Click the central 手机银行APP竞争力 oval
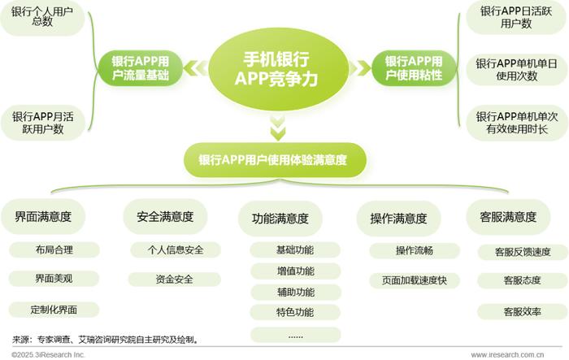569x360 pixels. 277,69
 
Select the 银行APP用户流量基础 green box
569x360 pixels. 140,68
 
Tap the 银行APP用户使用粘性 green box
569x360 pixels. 414,68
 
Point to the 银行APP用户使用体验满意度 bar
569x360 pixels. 275,160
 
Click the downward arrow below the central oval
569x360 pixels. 278,128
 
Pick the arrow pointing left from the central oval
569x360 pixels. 196,68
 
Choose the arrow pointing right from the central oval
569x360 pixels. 359,68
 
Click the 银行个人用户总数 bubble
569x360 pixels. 42,17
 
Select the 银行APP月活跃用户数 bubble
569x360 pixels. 43,123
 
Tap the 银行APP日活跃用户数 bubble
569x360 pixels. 516,17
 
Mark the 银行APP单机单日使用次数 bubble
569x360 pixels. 517,70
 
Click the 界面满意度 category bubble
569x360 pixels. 43,217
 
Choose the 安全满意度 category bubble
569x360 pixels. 165,217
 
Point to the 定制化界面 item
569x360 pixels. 54,310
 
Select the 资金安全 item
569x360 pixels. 175,280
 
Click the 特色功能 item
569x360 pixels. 295,312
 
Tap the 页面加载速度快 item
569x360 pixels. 415,280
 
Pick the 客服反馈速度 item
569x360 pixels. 523,252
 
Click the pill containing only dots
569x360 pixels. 295,335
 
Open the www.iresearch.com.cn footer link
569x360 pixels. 507,355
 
